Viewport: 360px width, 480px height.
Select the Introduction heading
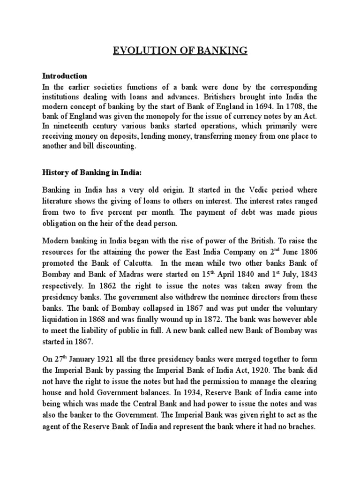[x=65, y=75]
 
